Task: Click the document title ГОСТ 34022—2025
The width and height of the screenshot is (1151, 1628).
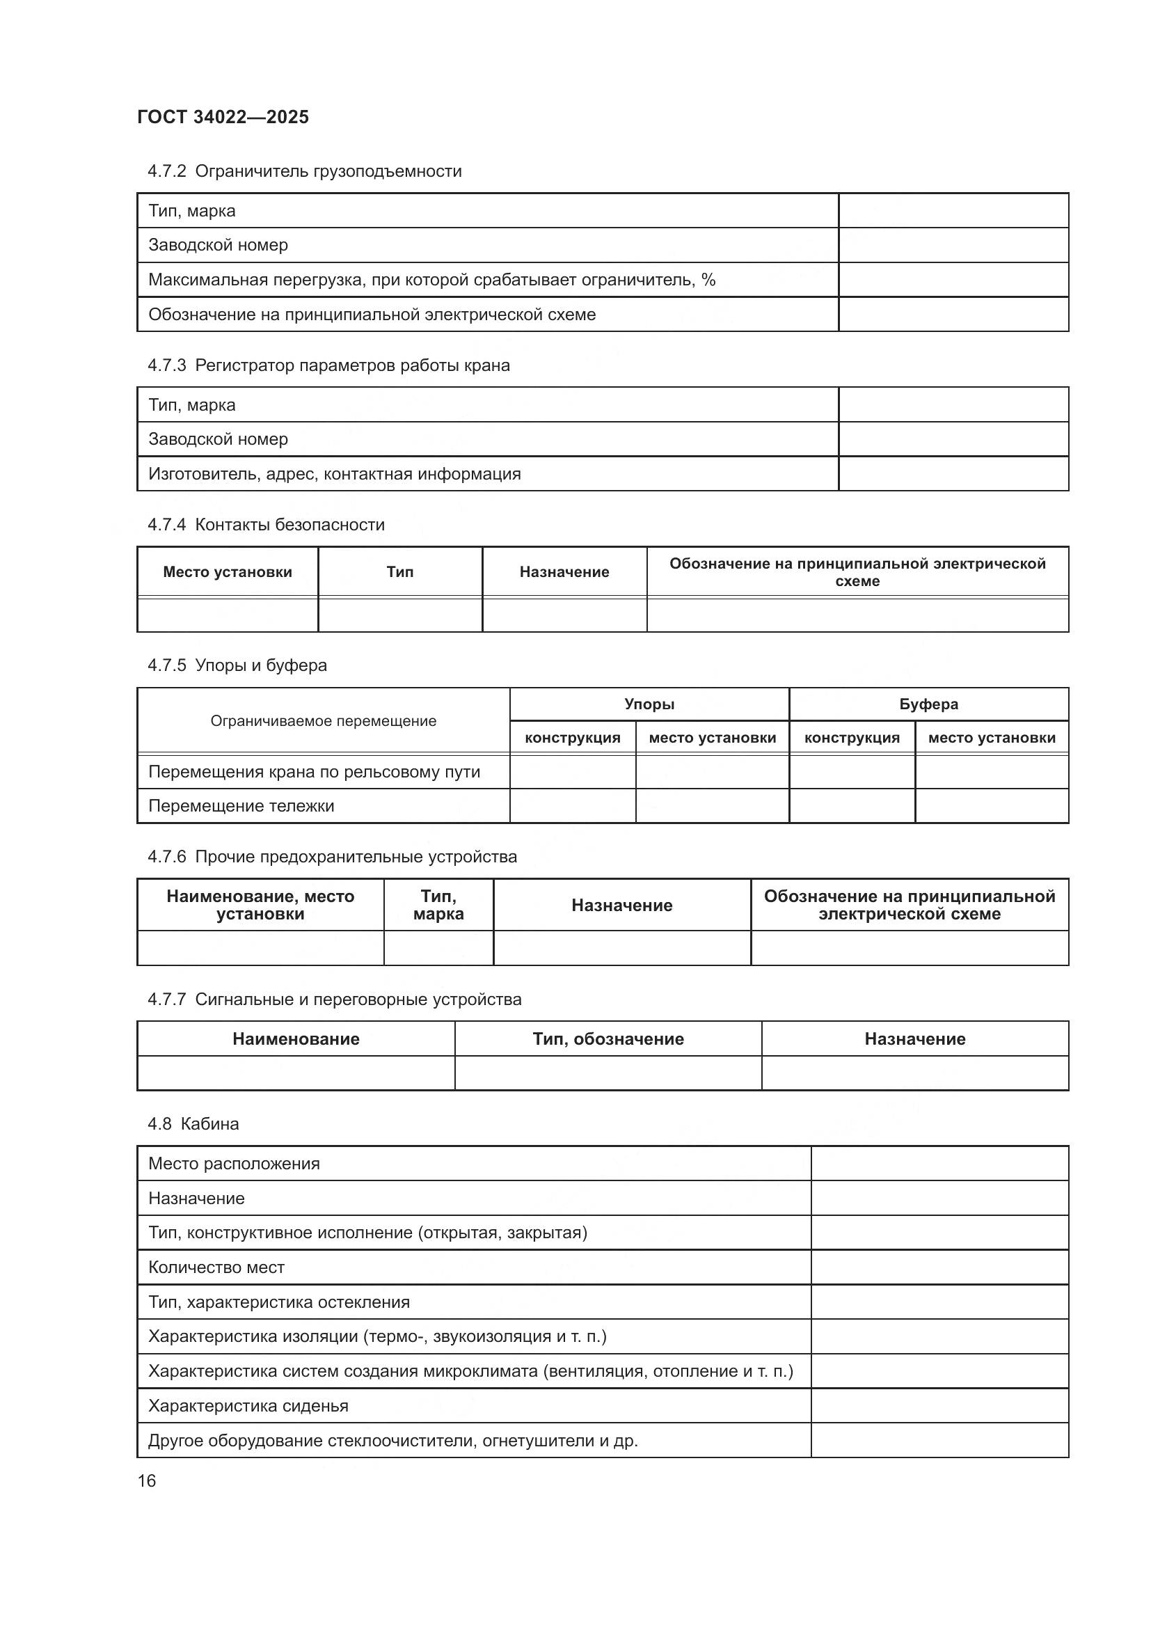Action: [223, 117]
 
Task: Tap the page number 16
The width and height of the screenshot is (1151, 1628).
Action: [147, 1480]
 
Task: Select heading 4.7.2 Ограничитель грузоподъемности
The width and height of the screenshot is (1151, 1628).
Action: [305, 171]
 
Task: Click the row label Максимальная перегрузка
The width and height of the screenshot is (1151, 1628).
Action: [431, 279]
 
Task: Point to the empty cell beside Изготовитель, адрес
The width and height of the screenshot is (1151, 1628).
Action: [953, 474]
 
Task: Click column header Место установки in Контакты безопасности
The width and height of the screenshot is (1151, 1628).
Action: [228, 571]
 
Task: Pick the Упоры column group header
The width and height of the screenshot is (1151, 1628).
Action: [649, 704]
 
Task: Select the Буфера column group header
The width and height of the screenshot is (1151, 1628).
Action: [928, 704]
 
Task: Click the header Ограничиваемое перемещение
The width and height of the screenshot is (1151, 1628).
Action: [323, 720]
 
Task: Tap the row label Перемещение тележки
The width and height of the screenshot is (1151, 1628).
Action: [241, 805]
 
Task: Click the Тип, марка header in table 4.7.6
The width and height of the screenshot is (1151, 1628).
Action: [438, 905]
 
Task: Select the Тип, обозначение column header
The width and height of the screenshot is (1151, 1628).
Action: [608, 1038]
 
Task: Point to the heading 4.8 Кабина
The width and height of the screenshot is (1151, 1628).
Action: [193, 1124]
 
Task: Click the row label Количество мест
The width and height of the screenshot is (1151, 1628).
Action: [216, 1267]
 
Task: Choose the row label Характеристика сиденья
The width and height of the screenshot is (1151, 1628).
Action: [248, 1405]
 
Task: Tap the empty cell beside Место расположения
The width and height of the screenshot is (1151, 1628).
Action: [939, 1164]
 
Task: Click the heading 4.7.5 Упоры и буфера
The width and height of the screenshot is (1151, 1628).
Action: [237, 665]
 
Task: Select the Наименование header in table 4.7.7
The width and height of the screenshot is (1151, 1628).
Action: [296, 1038]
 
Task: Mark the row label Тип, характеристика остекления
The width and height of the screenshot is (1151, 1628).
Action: [278, 1302]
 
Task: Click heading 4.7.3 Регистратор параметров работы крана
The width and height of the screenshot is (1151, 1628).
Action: [329, 365]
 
